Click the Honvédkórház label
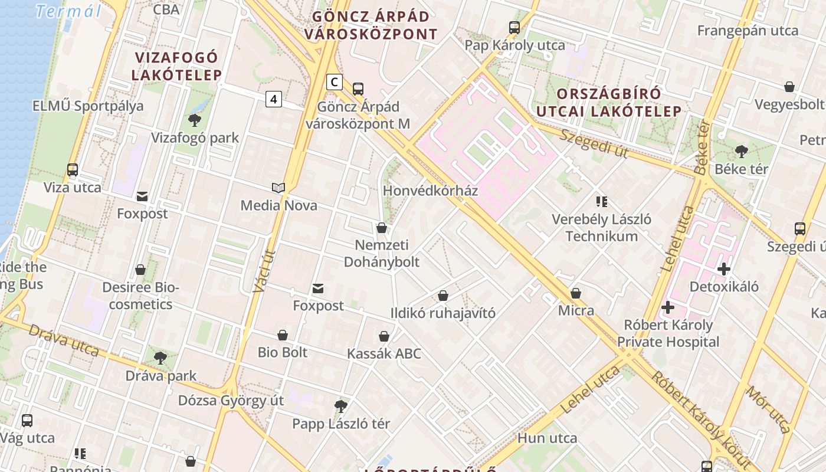click(x=430, y=191)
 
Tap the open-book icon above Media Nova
click(x=278, y=188)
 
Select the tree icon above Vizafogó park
click(x=195, y=120)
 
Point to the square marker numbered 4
click(x=273, y=99)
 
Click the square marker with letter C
click(x=335, y=82)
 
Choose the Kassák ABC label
click(x=384, y=353)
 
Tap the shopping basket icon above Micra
click(x=576, y=293)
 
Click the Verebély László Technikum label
click(x=601, y=228)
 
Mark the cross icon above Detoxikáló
click(x=724, y=269)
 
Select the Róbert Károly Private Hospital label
click(x=668, y=333)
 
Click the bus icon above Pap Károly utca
click(x=514, y=27)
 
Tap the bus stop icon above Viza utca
click(x=73, y=170)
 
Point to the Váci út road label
click(x=264, y=271)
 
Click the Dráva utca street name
click(x=64, y=340)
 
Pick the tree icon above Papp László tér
click(x=340, y=406)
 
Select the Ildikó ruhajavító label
click(x=442, y=313)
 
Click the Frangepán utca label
click(x=748, y=31)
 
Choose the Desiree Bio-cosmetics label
click(x=140, y=296)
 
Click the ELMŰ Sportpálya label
click(x=88, y=106)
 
